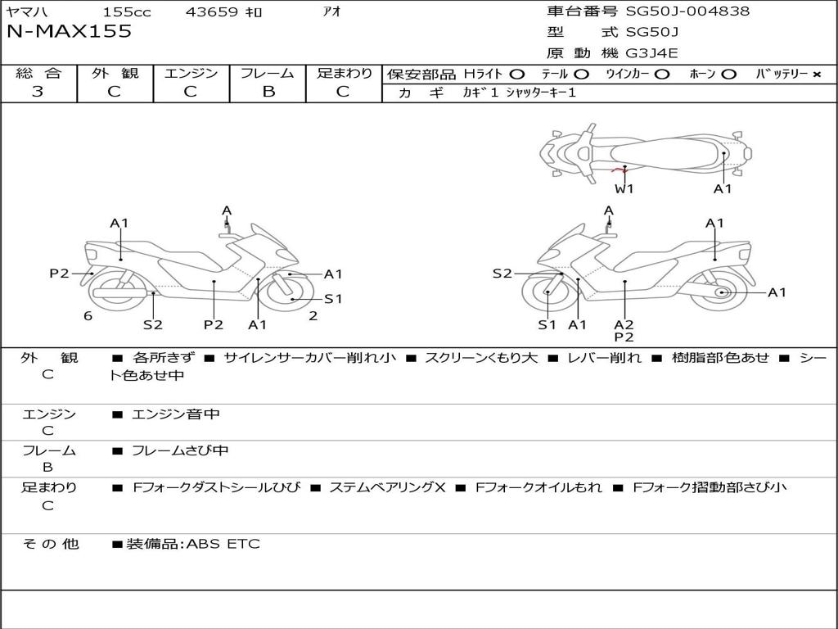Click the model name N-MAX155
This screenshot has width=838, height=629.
pos(69,32)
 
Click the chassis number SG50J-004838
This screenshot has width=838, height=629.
pos(687,11)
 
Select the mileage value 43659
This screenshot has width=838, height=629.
pos(211,12)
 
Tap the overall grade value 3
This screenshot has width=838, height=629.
pos(38,92)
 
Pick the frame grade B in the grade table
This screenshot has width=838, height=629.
pos(268,92)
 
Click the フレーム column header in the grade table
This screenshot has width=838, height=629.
pos(268,73)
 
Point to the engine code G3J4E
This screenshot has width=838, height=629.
pos(652,54)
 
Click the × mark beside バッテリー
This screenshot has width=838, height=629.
pos(816,75)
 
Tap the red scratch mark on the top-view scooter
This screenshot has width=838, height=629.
pos(619,170)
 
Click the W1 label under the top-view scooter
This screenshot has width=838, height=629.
pos(624,189)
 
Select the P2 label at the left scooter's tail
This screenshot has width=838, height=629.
pos(59,274)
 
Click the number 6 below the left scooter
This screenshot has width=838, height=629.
pos(88,316)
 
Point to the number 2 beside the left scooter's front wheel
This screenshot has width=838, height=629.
pos(313,315)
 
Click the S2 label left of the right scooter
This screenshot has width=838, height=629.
pos(502,274)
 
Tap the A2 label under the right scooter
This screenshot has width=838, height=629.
pos(624,324)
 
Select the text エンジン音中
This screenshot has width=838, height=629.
pos(175,414)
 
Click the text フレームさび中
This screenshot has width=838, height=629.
pos(180,450)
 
